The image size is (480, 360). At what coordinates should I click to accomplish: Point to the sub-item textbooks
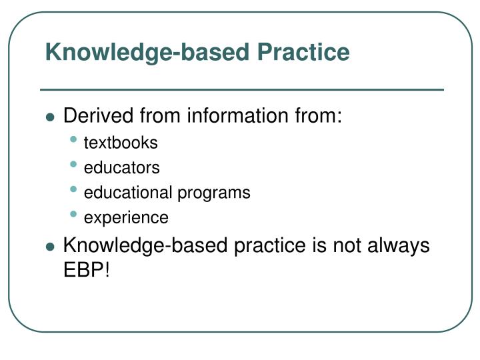(x=121, y=143)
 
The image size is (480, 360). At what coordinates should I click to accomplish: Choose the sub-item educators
(x=121, y=168)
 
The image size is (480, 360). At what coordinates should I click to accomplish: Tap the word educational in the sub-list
(x=129, y=193)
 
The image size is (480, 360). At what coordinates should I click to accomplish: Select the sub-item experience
(x=126, y=218)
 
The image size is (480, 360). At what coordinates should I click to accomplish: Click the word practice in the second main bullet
(x=265, y=245)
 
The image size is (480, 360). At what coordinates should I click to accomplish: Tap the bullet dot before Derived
(x=50, y=117)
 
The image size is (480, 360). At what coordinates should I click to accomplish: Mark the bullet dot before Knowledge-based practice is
(x=50, y=247)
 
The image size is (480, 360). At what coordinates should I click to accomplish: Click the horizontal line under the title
(x=241, y=89)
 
